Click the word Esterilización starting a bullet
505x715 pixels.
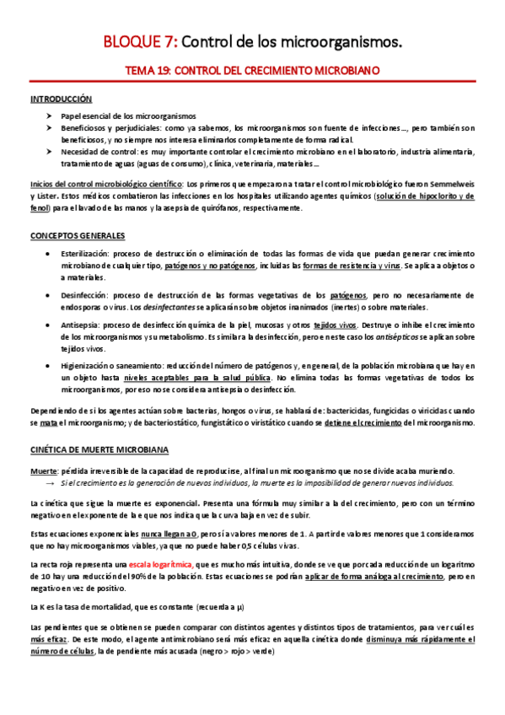tap(86, 253)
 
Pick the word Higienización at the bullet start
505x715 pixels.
tap(88, 365)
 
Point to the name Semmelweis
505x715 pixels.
tap(449, 183)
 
